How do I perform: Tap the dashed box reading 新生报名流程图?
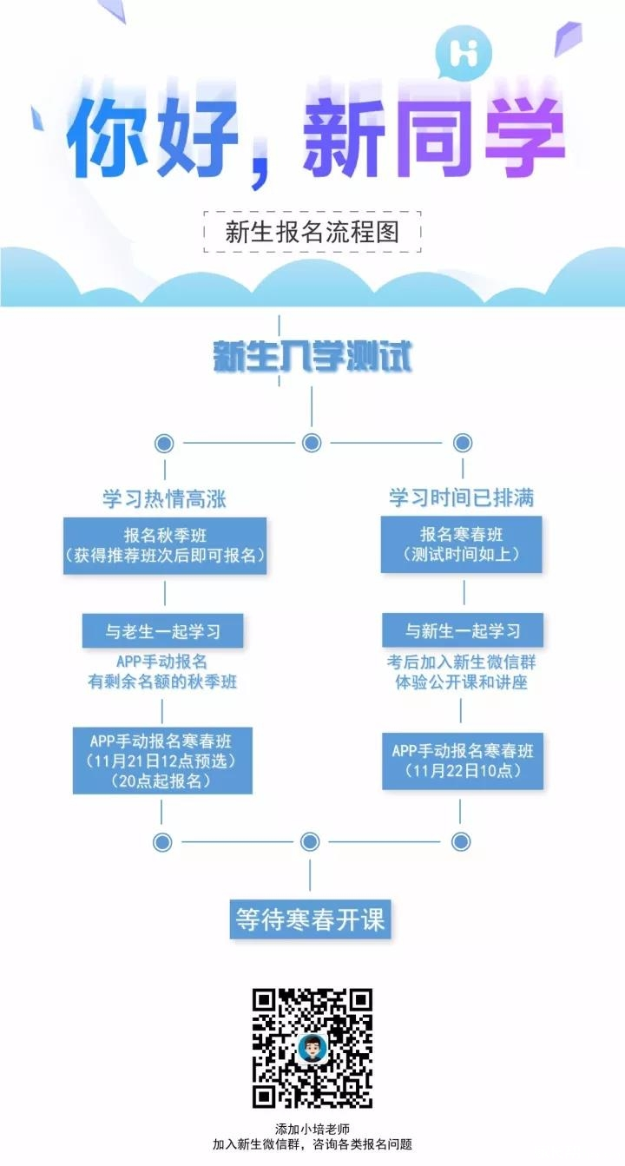pyautogui.click(x=312, y=231)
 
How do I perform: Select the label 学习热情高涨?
pyautogui.click(x=165, y=497)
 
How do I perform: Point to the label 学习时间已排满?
pyautogui.click(x=461, y=497)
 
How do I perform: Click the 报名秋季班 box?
pyautogui.click(x=165, y=545)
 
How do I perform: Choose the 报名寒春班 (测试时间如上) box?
pyautogui.click(x=461, y=544)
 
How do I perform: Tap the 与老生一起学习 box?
pyautogui.click(x=162, y=630)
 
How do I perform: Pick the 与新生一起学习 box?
pyautogui.click(x=464, y=630)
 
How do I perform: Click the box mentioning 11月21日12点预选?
pyautogui.click(x=162, y=761)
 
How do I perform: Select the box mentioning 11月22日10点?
pyautogui.click(x=463, y=761)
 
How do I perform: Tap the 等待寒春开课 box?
pyautogui.click(x=311, y=919)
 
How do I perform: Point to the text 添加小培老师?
pyautogui.click(x=312, y=1130)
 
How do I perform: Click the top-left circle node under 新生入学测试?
pyautogui.click(x=163, y=444)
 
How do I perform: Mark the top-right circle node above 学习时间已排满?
pyautogui.click(x=463, y=444)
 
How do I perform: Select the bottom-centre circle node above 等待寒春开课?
pyautogui.click(x=310, y=841)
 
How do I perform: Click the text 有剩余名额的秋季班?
pyautogui.click(x=162, y=682)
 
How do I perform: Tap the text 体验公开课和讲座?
pyautogui.click(x=460, y=682)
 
